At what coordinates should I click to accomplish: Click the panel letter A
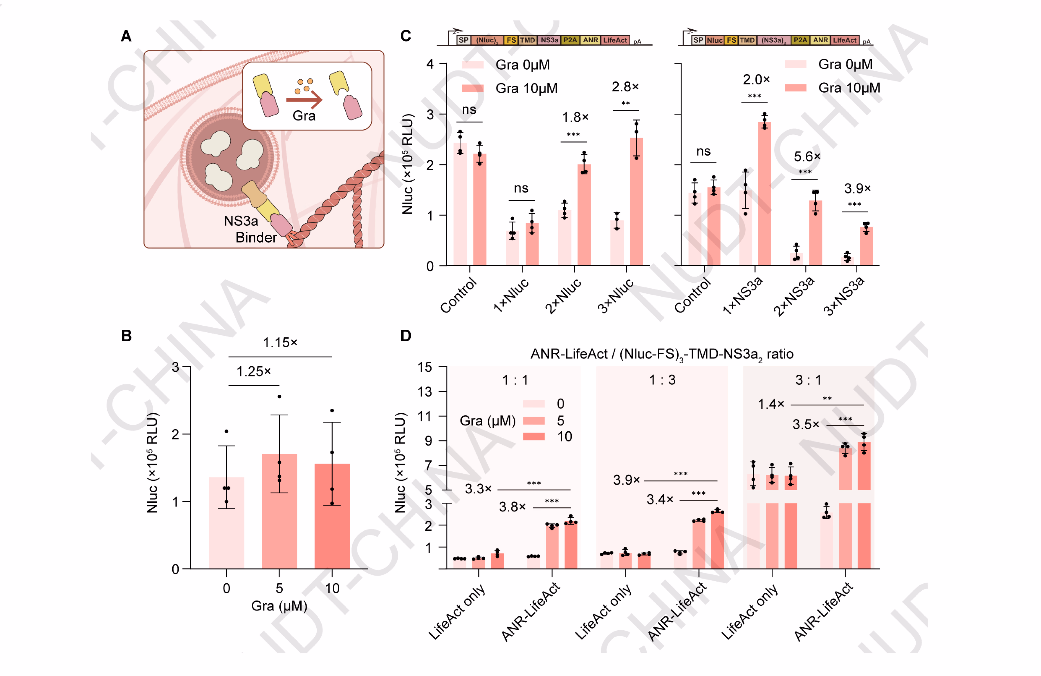coord(126,36)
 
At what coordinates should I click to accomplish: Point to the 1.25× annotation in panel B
coord(254,371)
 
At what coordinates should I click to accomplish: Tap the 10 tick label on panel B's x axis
coord(332,588)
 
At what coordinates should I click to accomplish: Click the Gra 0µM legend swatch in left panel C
coord(472,65)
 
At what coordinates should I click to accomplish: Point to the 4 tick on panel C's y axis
coord(430,64)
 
